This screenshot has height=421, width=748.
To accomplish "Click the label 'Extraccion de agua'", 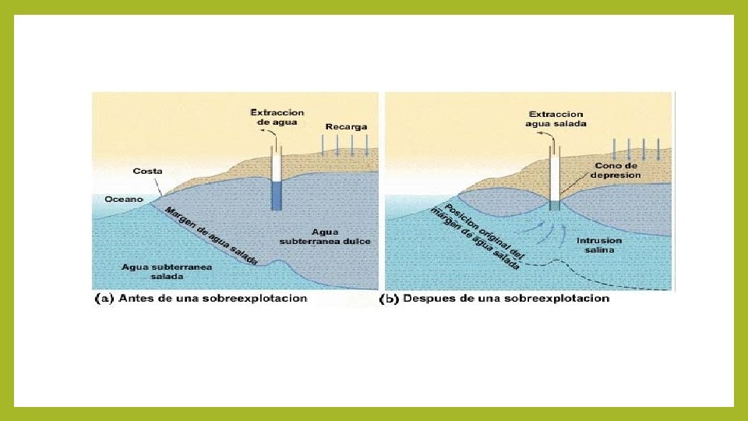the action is pyautogui.click(x=277, y=117).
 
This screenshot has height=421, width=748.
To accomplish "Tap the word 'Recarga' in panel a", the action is pyautogui.click(x=346, y=126).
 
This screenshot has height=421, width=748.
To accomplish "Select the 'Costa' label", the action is pyautogui.click(x=148, y=171).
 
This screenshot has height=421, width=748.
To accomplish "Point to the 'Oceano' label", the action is pyautogui.click(x=124, y=200).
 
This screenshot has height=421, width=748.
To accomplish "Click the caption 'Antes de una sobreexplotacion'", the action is pyautogui.click(x=213, y=298).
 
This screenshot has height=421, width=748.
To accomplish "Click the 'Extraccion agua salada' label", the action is pyautogui.click(x=556, y=119).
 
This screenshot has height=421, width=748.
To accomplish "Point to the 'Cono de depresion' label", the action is pyautogui.click(x=617, y=170).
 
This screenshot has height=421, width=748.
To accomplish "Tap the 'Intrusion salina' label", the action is pyautogui.click(x=599, y=245).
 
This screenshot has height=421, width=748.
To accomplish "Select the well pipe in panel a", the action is pyautogui.click(x=276, y=179).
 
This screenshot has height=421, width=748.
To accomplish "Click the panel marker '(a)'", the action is pyautogui.click(x=104, y=298).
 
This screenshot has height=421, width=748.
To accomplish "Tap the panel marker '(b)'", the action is pyautogui.click(x=390, y=298).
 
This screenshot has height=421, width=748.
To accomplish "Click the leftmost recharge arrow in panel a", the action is pyautogui.click(x=322, y=145).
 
